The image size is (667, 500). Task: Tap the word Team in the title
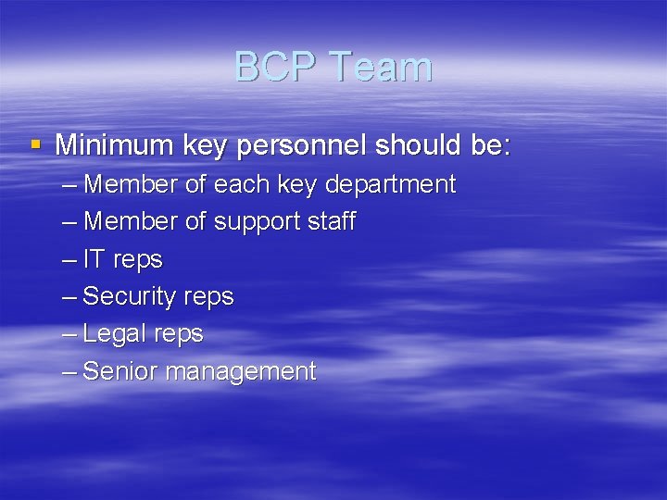point(380,68)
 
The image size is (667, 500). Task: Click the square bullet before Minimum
point(36,144)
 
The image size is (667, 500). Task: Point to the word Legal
point(113,334)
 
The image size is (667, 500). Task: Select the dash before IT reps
point(70,260)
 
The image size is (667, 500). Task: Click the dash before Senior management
point(70,371)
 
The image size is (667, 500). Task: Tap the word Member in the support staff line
point(131,222)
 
